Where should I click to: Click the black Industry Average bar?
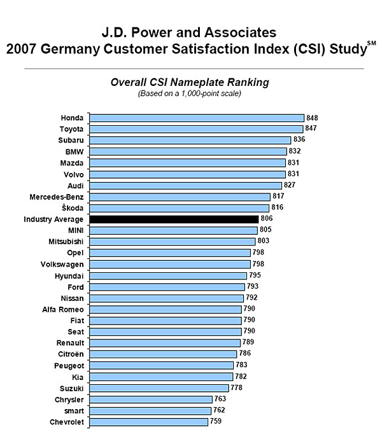pos(173,219)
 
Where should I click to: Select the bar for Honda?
pos(196,118)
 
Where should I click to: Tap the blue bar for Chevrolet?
pos(148,421)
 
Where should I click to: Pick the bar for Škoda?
pos(179,207)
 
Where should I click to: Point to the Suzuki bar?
pos(159,387)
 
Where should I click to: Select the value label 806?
pos(267,219)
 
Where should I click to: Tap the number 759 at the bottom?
pos(216,421)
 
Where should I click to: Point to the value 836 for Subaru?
pos(299,140)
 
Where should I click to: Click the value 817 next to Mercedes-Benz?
pos(278,197)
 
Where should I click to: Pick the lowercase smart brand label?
pos(73,410)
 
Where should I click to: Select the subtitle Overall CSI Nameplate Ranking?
pos(190,82)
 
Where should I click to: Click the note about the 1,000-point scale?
pos(190,94)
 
